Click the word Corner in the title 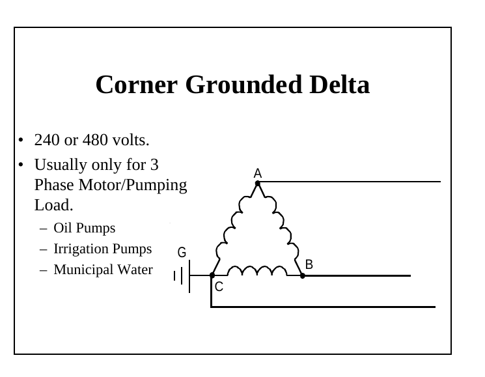(137, 85)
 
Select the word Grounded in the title (243, 84)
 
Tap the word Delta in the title (340, 84)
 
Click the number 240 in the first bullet (47, 140)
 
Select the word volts (131, 140)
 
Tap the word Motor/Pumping (133, 186)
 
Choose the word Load (53, 205)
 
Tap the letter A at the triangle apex (258, 173)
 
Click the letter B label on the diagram (309, 264)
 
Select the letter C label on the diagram (219, 286)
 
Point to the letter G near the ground (182, 253)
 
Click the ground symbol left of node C (182, 276)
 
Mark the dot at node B (303, 275)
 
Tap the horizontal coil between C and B (257, 270)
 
